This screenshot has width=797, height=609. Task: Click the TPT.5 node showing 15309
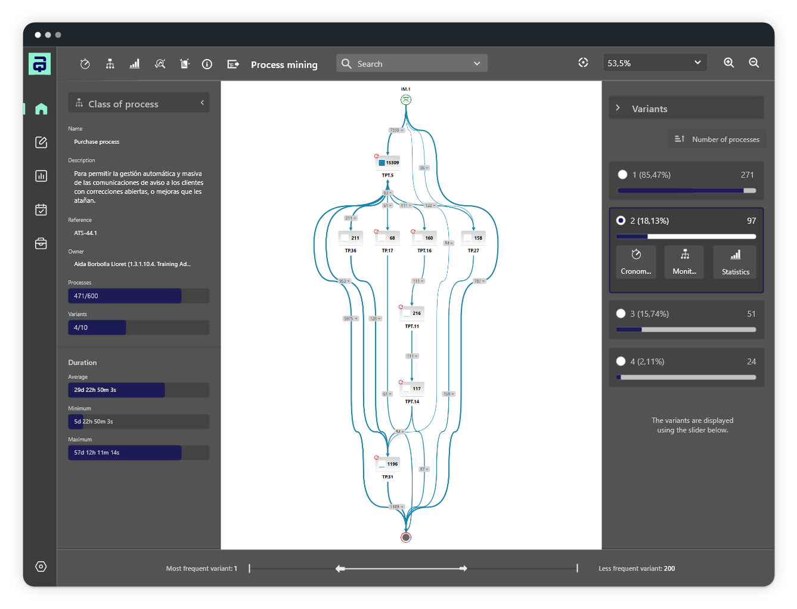point(388,162)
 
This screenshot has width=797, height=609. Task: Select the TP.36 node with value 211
point(351,237)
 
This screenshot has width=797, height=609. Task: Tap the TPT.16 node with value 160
point(424,237)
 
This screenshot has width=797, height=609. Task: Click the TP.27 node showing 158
point(473,237)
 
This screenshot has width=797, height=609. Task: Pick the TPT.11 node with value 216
point(412,313)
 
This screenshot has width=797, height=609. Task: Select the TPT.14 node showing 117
point(412,388)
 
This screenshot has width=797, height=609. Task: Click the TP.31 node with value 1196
point(388,463)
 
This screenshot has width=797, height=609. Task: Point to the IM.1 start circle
point(406,100)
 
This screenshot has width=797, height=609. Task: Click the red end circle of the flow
point(406,537)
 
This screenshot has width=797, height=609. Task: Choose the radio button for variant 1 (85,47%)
point(622,175)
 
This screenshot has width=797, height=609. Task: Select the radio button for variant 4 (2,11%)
point(621,361)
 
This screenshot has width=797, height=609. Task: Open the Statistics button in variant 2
point(735,262)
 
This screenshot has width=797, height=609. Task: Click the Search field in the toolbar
point(411,64)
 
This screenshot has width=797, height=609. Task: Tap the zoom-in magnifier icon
point(728,63)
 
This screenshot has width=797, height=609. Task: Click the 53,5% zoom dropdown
point(655,63)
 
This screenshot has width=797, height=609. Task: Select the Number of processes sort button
point(717,139)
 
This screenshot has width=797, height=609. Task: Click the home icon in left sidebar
point(41,109)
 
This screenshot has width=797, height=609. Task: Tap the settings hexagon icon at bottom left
point(41,567)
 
